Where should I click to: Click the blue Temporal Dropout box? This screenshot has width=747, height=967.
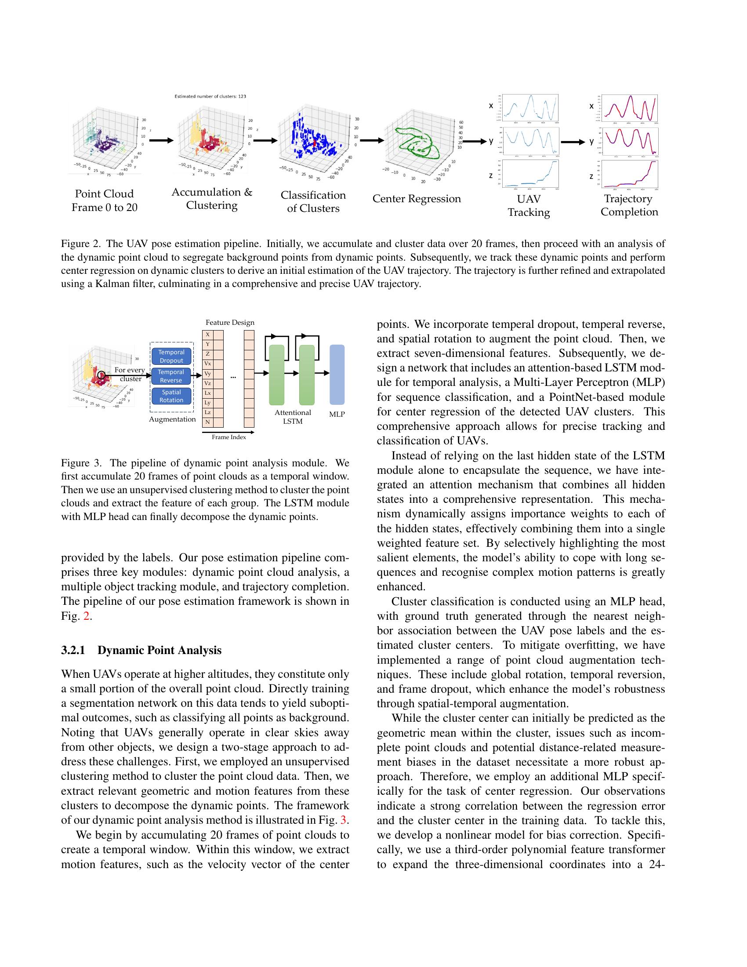point(171,356)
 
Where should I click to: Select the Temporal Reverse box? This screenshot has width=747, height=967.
point(171,376)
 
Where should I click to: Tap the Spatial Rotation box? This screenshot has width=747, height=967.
point(171,396)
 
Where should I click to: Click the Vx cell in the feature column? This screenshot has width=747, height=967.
point(207,364)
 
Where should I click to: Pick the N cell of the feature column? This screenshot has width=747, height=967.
point(207,422)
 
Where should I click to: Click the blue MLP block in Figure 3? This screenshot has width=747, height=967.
point(337,374)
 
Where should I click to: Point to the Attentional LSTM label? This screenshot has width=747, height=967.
point(293,417)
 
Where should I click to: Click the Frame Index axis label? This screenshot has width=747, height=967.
point(228,437)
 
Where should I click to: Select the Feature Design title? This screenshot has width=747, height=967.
point(230,322)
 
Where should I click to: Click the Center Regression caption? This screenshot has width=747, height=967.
point(417,199)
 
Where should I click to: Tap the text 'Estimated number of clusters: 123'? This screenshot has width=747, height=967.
point(210,96)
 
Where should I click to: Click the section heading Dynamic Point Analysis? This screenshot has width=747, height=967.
point(160,650)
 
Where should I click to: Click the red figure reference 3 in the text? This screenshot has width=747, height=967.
point(343,820)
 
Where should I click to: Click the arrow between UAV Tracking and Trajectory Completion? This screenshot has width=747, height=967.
point(572,142)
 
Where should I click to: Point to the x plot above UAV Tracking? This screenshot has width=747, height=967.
point(530,108)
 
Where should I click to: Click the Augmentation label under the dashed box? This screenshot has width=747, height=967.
point(172,419)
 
